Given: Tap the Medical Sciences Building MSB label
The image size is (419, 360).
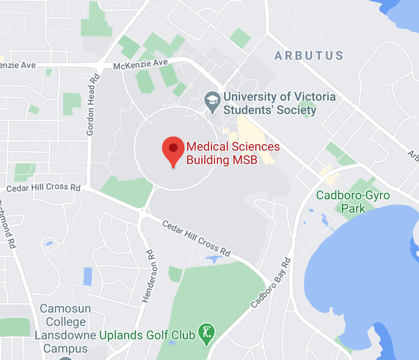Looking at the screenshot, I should point(233,153).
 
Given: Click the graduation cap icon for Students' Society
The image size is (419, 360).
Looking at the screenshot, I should point(212,102).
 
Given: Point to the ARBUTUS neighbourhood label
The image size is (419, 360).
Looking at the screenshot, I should point(309,56).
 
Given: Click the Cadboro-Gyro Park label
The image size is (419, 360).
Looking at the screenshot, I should point(353,202).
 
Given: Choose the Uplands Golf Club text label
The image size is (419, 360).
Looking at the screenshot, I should point(147,335).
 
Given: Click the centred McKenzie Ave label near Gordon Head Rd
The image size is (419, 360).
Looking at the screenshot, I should point(140,65).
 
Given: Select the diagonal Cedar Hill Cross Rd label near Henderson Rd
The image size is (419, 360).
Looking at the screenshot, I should point(196,238).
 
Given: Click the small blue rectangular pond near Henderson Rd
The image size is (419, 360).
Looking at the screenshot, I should point(88,276).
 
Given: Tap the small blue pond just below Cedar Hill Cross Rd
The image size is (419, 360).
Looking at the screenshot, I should point(213,259).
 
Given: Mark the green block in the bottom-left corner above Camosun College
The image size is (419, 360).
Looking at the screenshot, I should point(15,327).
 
